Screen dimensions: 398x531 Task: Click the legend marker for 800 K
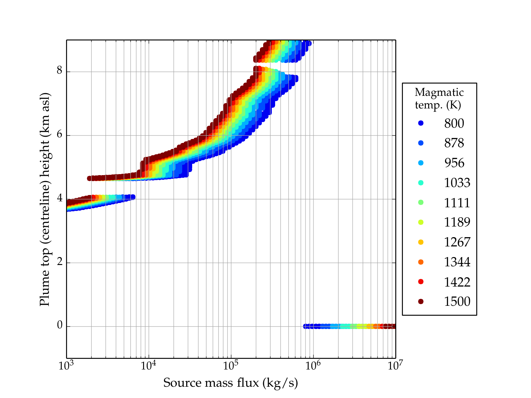pos(421,123)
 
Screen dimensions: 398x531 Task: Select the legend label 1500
pos(457,301)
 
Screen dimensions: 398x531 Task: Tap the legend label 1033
pos(457,183)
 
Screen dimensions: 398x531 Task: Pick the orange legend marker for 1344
pos(421,262)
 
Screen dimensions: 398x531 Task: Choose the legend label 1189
pos(457,222)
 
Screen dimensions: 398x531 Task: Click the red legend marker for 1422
pos(421,282)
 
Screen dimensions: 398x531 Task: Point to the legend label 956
pos(454,163)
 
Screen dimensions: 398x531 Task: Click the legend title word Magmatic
pos(439,92)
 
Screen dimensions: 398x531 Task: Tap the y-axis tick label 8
pos(60,71)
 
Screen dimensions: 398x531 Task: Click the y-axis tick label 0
pos(60,326)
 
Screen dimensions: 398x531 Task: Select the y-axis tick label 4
pos(60,198)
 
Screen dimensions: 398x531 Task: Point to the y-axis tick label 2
pos(60,262)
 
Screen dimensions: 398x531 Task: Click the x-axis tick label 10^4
pos(148,365)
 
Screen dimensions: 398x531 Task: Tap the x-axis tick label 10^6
pos(313,365)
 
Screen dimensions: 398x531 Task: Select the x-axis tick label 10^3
pos(66,365)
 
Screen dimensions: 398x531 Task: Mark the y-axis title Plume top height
pos(44,199)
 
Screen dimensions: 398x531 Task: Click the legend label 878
pos(454,143)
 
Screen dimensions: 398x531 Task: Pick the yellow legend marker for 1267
pos(421,242)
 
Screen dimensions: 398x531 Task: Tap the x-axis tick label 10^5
pos(230,365)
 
